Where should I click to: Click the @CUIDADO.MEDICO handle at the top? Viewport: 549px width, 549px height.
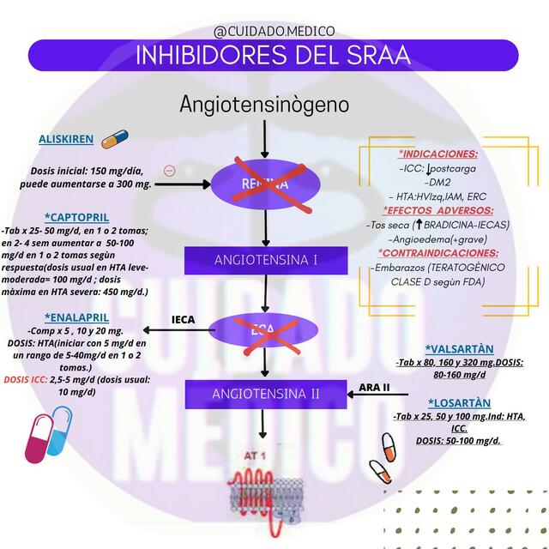pos(274,32)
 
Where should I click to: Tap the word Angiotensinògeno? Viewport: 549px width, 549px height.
pos(265,104)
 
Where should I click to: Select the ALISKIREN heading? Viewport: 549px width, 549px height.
pos(65,139)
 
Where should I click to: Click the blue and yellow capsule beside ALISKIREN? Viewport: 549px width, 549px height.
pos(114,139)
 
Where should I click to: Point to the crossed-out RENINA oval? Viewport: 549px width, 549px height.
pos(265,184)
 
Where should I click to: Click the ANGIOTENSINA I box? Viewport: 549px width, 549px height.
pos(265,260)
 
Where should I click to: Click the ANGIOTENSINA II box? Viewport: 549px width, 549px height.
pos(265,394)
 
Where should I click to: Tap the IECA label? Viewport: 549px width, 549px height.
pos(183,320)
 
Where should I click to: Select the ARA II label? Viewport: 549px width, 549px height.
pos(374,387)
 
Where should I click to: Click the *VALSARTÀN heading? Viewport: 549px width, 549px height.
pos(460,349)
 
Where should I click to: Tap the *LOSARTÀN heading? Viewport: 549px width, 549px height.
pos(460,402)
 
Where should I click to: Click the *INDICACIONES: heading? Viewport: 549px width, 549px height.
pos(438,154)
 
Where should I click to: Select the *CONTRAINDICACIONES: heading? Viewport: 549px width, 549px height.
pos(438,253)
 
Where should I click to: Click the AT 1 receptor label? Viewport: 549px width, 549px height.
pos(256,455)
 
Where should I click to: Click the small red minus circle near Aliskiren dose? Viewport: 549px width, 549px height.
pos(169,171)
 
